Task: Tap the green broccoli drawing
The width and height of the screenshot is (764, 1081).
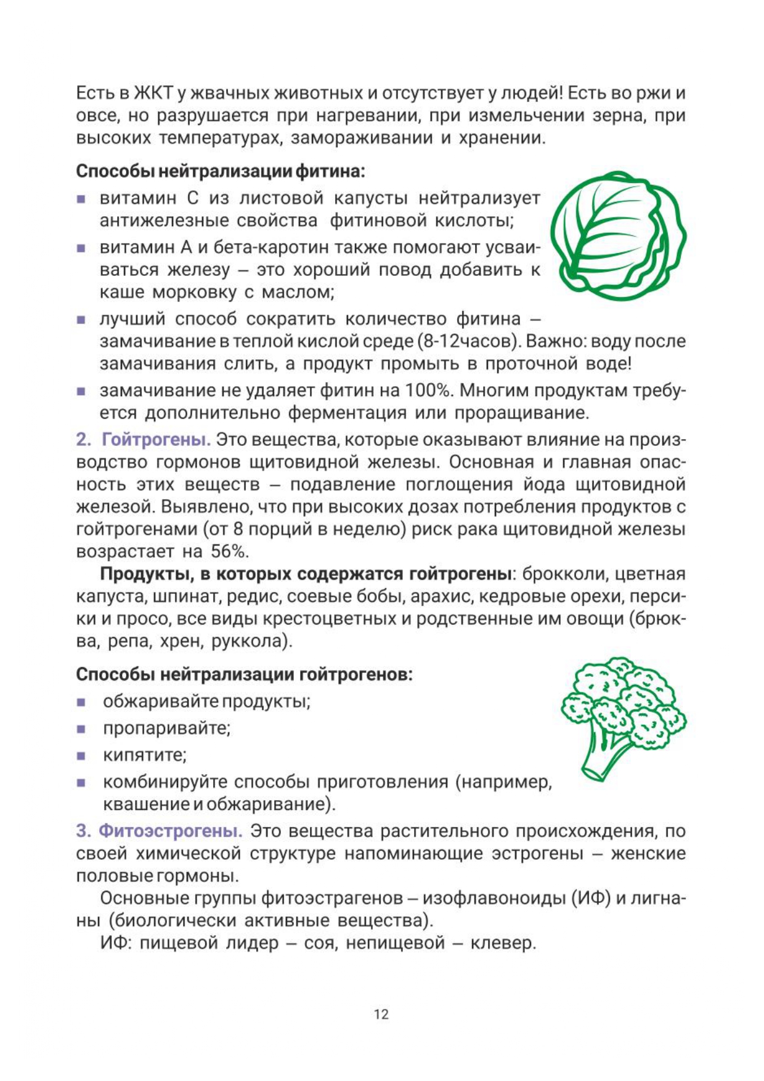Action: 623,718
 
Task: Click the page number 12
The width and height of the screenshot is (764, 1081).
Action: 381,1014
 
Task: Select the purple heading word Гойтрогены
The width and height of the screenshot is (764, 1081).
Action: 156,440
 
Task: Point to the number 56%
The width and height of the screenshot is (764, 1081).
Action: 230,551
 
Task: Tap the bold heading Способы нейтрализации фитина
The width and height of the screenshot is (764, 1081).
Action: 220,171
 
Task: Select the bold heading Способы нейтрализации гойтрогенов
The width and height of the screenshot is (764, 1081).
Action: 244,674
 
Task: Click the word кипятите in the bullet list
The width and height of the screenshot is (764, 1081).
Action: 144,755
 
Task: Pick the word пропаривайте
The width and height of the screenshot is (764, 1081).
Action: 166,728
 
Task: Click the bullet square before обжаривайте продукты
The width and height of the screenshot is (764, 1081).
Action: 81,702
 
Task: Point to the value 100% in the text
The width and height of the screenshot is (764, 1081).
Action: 429,391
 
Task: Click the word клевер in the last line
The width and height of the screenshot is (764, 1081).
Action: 503,942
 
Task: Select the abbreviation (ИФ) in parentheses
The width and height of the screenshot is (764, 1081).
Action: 591,898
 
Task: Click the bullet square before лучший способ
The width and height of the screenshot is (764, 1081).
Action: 81,320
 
